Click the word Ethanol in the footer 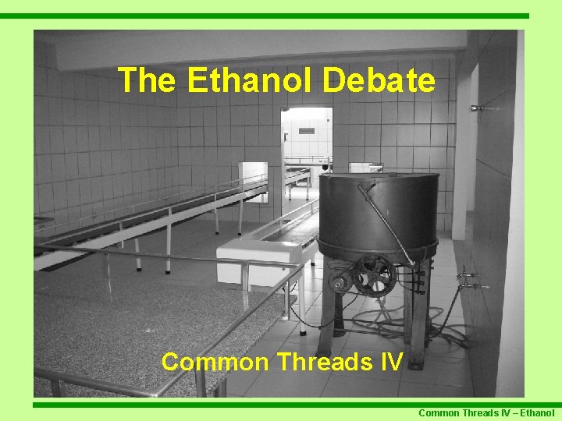(x=536, y=413)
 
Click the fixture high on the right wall (x=478, y=108)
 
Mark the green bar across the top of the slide (x=265, y=16)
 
